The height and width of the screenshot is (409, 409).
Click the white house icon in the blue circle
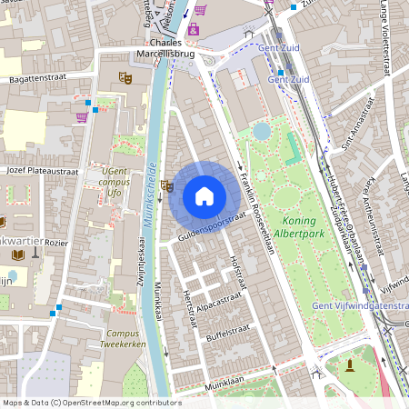(x=204, y=196)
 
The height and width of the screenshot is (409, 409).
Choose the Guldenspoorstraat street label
(x=211, y=227)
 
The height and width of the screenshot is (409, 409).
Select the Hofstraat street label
(x=238, y=273)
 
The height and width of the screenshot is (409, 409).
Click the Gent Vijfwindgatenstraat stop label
(x=360, y=306)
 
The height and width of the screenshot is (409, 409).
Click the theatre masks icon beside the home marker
(x=166, y=186)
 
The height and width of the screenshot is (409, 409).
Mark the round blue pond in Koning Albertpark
(x=262, y=132)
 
